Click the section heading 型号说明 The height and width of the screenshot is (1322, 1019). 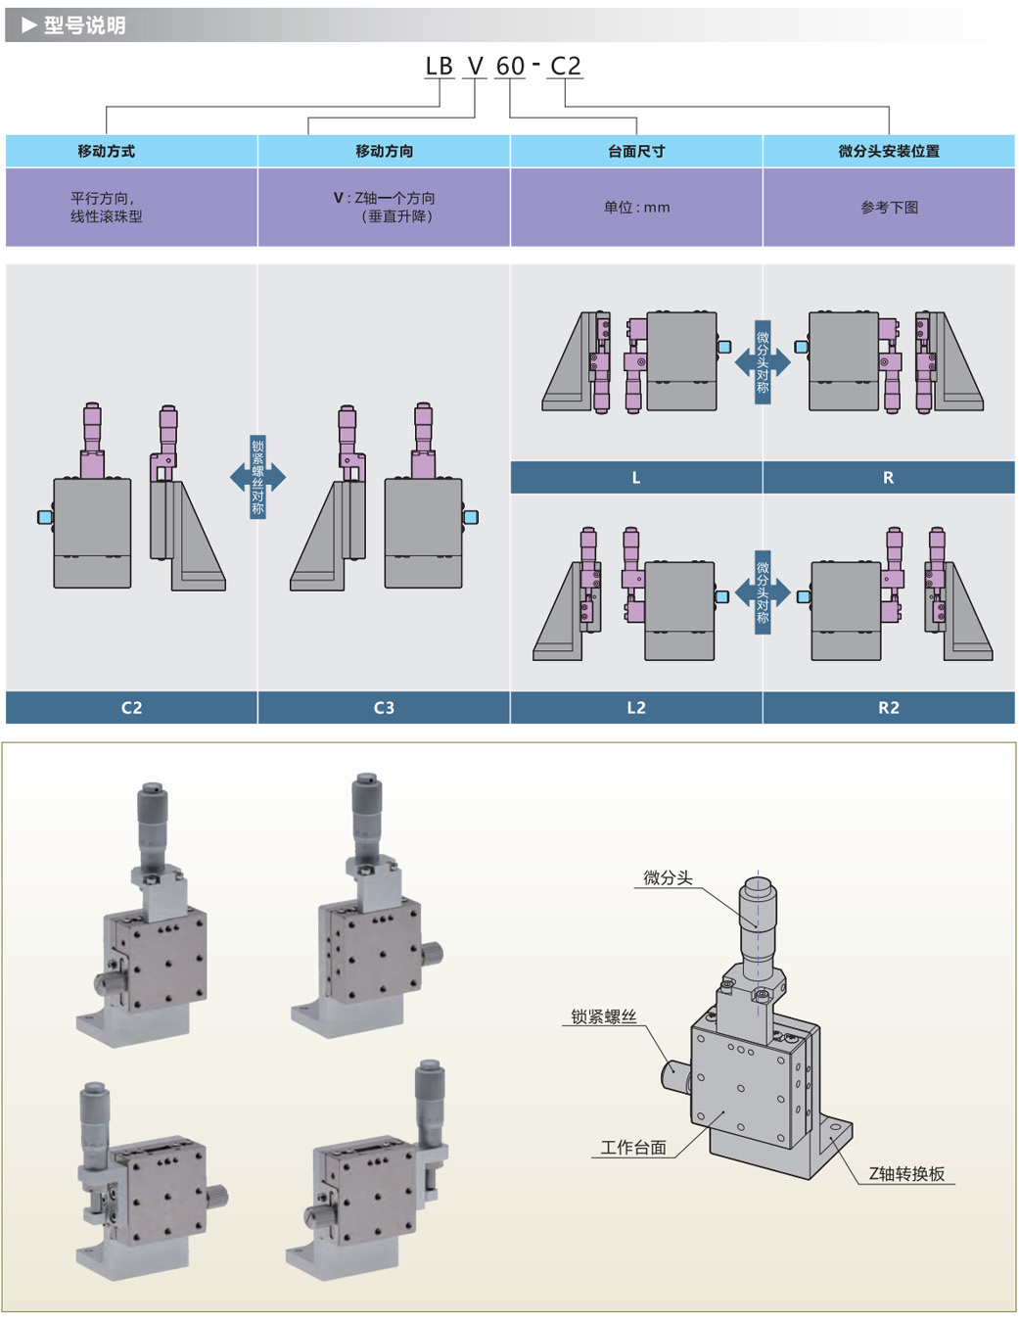[x=84, y=25]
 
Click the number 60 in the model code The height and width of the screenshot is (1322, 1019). [x=510, y=67]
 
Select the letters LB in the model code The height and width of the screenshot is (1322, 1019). [x=439, y=67]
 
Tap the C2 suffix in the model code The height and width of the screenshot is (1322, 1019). [x=566, y=67]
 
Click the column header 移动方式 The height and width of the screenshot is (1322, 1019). [x=106, y=151]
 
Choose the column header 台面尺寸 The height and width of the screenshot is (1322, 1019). [x=636, y=151]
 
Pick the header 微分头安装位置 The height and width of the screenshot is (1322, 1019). [x=889, y=151]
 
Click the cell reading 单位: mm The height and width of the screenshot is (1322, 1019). [x=636, y=208]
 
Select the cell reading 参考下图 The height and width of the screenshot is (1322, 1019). [x=889, y=208]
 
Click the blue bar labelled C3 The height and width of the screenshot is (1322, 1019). [x=384, y=708]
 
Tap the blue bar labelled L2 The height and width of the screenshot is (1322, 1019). [x=636, y=708]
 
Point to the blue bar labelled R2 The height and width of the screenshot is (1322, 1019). [x=889, y=708]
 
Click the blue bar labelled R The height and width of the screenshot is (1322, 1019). [x=889, y=478]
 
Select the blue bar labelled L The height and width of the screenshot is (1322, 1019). [x=636, y=478]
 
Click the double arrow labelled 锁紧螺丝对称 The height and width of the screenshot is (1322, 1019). [x=257, y=477]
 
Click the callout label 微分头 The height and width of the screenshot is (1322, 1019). [x=668, y=878]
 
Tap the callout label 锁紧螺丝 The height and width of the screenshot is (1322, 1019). [x=604, y=1017]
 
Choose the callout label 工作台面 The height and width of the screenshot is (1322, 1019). [x=633, y=1148]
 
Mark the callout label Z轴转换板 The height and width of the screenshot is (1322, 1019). [x=906, y=1174]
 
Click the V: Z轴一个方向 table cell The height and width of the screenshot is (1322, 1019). [x=384, y=207]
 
